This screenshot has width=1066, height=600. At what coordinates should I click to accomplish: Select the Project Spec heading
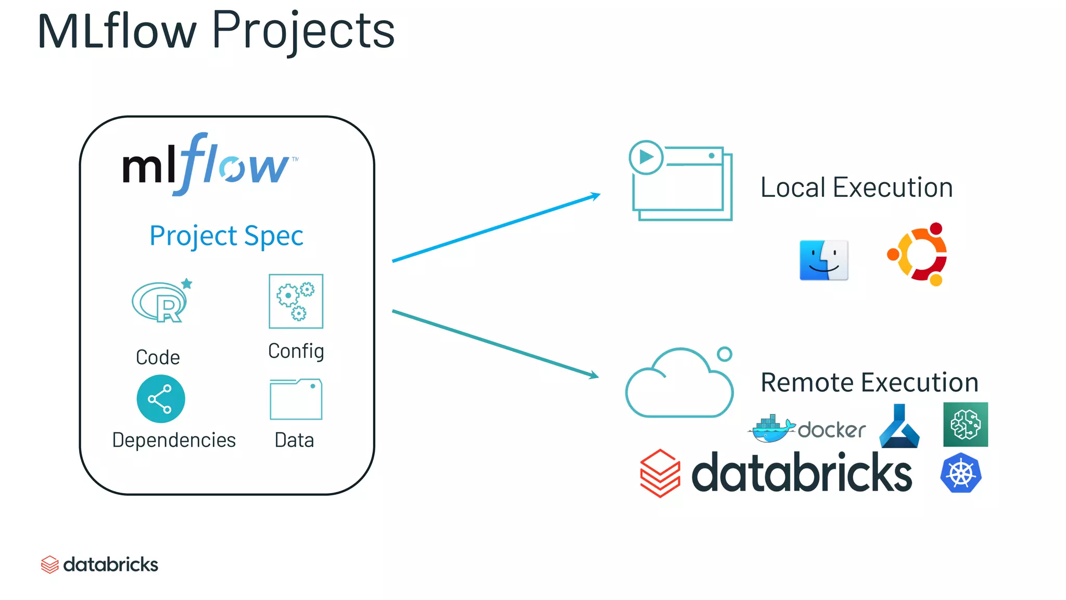[226, 236]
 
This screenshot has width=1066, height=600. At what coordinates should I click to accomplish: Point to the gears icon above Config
[296, 301]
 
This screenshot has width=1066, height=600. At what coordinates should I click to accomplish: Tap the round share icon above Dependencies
[160, 399]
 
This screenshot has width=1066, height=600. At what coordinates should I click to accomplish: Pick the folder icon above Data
[296, 399]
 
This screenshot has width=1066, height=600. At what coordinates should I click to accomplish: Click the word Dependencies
[174, 440]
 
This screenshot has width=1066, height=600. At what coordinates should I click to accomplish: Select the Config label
[296, 351]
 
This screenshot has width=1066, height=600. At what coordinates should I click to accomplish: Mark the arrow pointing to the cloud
[494, 344]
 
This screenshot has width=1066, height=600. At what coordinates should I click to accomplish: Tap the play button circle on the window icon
[645, 157]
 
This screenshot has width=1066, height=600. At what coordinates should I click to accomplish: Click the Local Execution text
[856, 187]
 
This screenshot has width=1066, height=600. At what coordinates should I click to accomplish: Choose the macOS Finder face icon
[823, 260]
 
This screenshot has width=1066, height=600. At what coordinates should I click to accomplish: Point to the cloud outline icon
[679, 385]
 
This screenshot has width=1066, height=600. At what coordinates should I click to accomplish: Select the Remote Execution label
[869, 382]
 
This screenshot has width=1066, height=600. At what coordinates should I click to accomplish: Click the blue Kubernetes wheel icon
[960, 473]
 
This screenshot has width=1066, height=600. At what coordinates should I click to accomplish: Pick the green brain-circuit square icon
[965, 424]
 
